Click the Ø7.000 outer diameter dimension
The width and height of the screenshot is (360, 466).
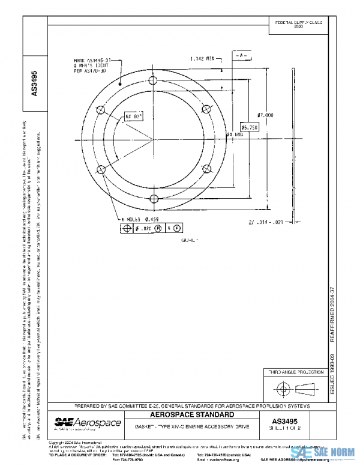[x=265, y=115]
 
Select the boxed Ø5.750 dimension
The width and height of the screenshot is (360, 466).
[x=250, y=127]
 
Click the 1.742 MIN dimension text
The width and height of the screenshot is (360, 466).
[x=202, y=59]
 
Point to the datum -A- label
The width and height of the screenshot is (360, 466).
[x=241, y=55]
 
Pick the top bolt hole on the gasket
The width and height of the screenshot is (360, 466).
[x=154, y=80]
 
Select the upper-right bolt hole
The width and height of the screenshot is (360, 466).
[x=206, y=109]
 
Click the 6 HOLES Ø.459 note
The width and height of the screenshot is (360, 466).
[x=140, y=220]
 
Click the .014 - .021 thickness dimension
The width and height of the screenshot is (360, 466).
[x=265, y=222]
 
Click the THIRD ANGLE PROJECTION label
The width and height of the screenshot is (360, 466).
[x=294, y=372]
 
